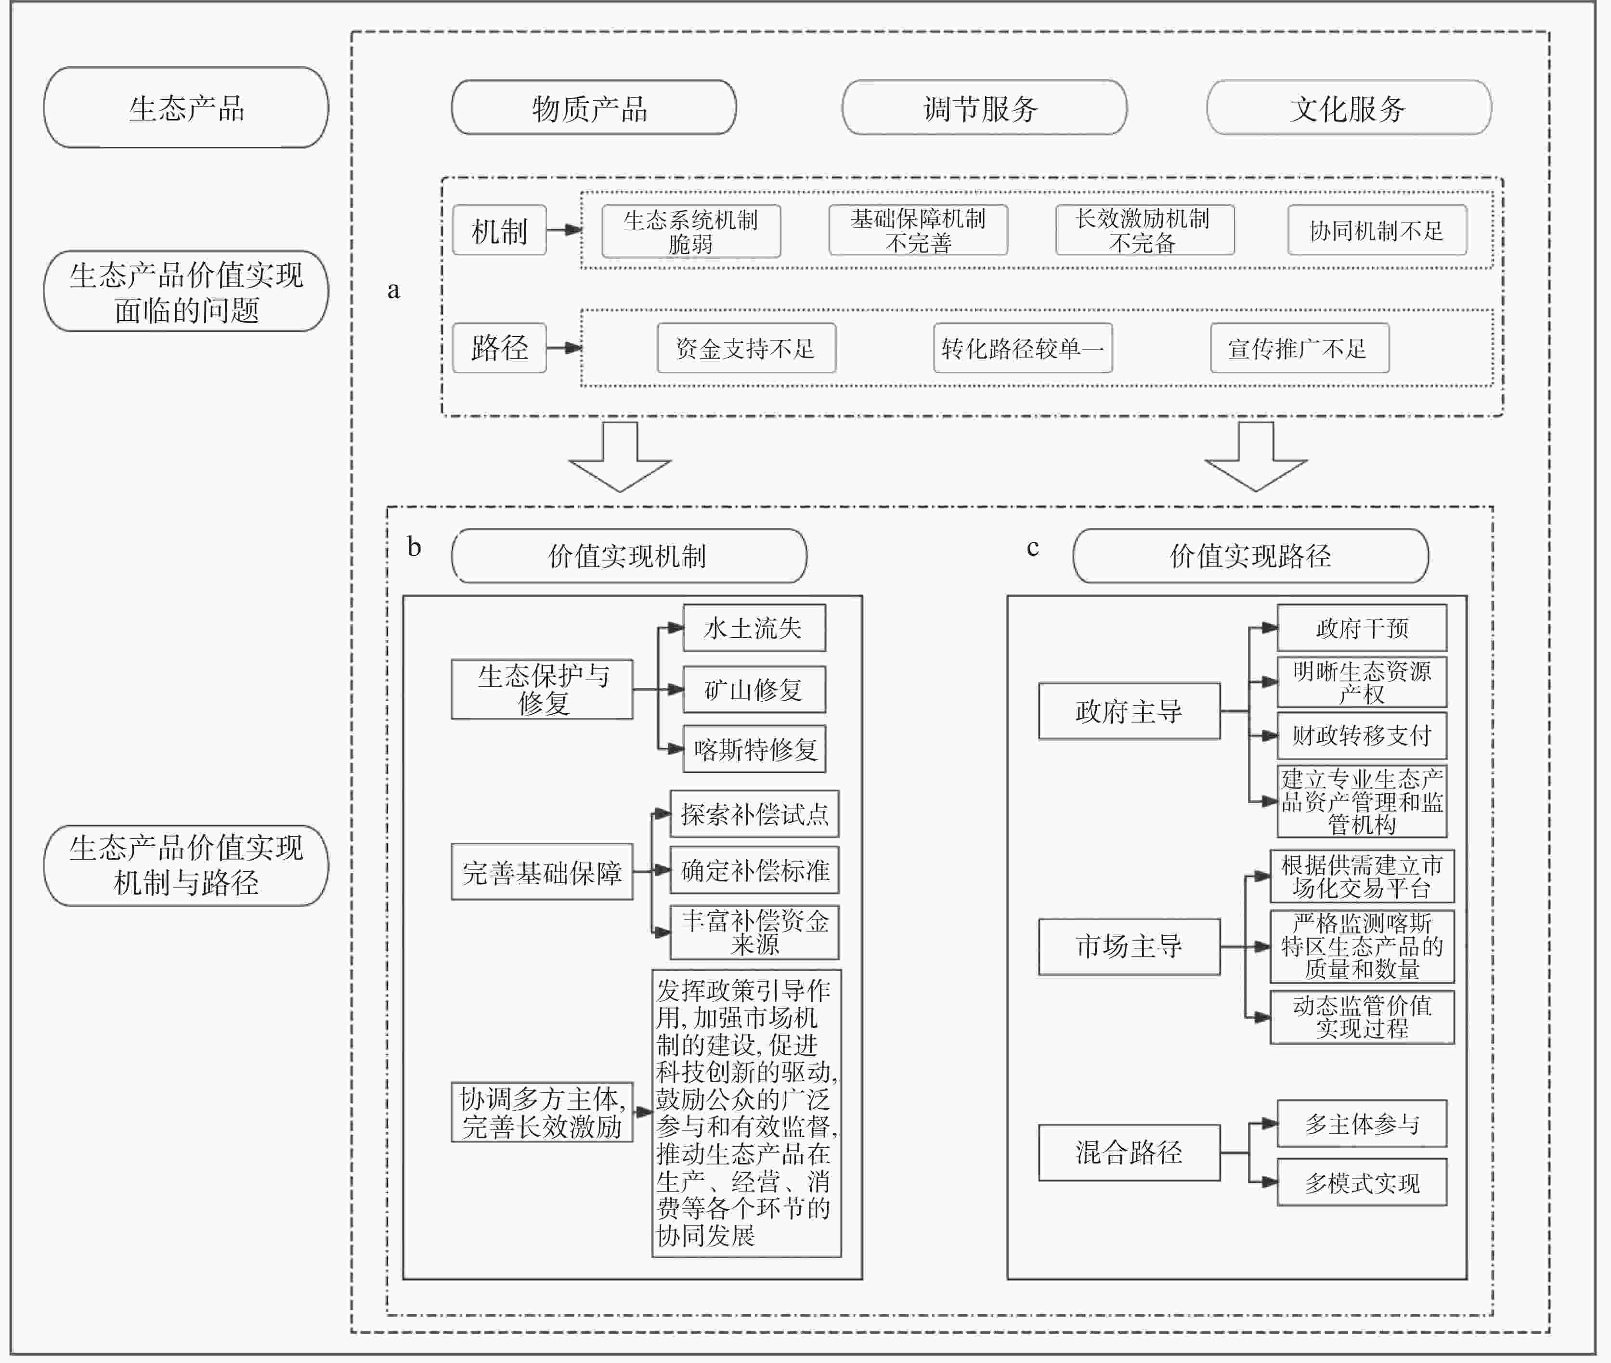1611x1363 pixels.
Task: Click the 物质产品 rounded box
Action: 593,107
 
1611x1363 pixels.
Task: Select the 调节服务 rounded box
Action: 984,107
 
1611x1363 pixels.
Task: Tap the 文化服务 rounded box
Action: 1349,107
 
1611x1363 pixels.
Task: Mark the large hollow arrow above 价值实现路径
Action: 1256,456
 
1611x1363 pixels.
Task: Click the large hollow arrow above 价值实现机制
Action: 619,456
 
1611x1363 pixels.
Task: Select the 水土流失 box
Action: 754,628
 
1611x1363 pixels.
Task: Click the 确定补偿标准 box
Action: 754,870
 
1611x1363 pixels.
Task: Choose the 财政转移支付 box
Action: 1362,735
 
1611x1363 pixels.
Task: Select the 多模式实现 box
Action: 1362,1182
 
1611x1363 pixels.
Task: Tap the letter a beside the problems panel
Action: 393,290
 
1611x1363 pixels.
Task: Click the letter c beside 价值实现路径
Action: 1033,548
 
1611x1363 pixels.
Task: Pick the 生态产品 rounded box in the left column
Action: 186,107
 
